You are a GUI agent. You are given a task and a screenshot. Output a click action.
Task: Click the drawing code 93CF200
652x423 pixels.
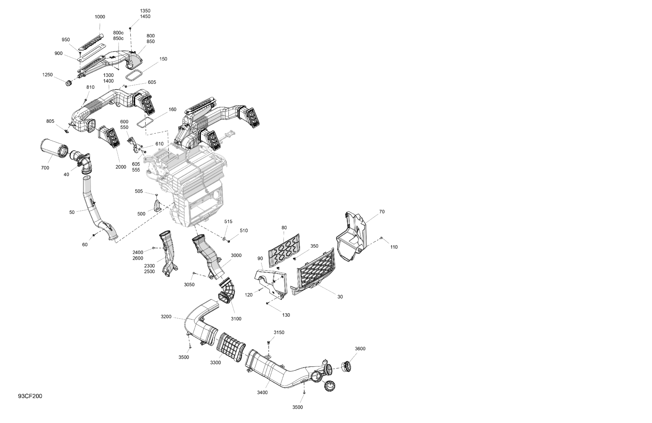(30, 396)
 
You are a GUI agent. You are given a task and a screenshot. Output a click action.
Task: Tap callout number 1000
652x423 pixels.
(100, 17)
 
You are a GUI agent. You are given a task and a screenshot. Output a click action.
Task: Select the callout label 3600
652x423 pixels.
(360, 349)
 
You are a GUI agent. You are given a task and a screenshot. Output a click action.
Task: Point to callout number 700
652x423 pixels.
(45, 168)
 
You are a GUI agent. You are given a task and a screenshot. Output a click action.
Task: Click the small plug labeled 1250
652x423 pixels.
(68, 83)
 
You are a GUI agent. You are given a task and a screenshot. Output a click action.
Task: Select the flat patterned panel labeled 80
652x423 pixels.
(283, 250)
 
